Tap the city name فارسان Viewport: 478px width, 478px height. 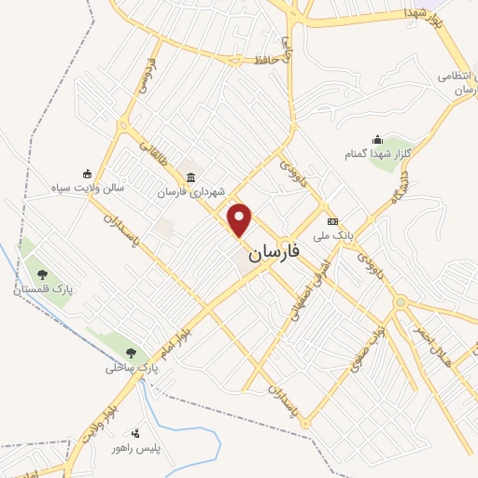pyautogui.click(x=282, y=253)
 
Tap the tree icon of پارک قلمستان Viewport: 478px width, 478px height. pyautogui.click(x=42, y=274)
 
